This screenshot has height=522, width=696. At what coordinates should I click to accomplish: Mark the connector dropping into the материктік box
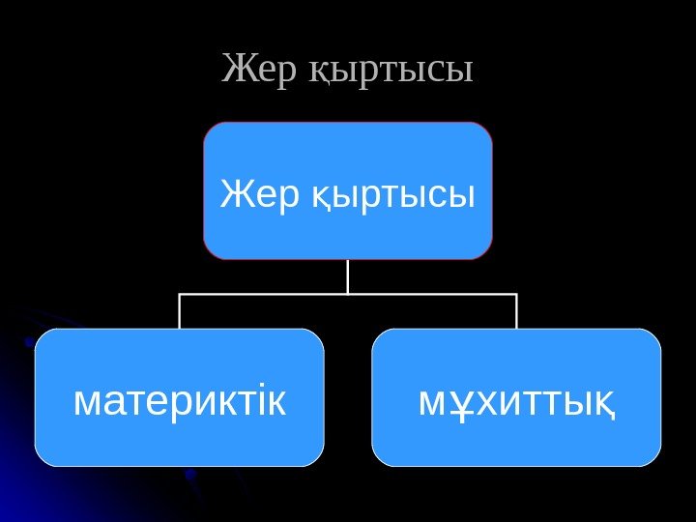[180, 311]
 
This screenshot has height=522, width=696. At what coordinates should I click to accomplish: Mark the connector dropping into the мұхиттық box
[516, 311]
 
